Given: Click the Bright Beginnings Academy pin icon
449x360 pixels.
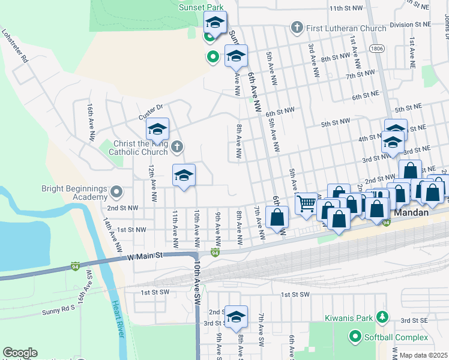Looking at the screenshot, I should tap(117, 192).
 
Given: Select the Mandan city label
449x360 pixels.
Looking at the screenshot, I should tap(411, 212).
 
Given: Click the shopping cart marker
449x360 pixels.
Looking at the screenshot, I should tap(307, 204).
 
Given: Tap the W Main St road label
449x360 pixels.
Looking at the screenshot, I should tap(146, 256).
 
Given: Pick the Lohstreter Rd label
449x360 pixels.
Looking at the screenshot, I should tap(14, 47).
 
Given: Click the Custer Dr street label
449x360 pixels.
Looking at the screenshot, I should tap(151, 112).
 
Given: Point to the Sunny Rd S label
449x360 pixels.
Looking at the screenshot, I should tap(58, 311).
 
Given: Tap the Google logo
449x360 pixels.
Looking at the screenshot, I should tap(20, 353).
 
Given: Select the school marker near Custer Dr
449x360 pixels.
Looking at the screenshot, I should tap(157, 129).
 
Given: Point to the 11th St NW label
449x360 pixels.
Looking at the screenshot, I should tap(346, 8).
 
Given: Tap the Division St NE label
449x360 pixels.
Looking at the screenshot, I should tap(410, 25).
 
